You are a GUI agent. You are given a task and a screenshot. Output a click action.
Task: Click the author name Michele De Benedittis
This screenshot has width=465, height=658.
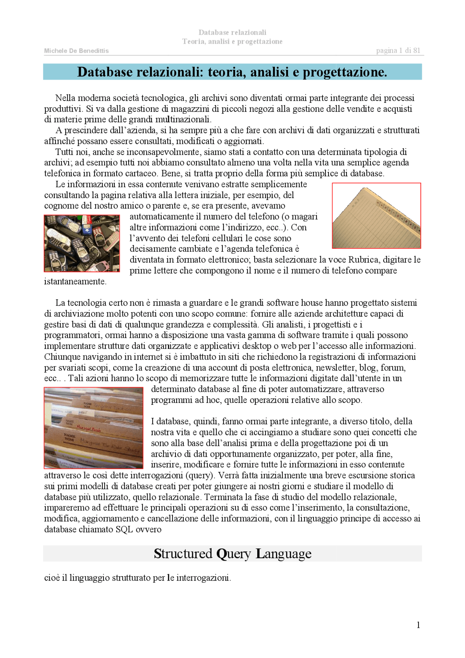coord(76,51)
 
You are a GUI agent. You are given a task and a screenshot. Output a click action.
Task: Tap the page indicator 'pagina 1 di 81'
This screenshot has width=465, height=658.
coord(398,51)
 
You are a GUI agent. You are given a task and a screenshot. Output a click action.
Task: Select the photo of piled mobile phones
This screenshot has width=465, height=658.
coord(82,243)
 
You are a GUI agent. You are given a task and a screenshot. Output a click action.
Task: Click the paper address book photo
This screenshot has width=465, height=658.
coord(376,216)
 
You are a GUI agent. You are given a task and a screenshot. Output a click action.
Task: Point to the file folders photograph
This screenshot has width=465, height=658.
coord(93,428)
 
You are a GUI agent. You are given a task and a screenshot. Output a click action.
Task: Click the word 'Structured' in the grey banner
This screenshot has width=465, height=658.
coord(183,554)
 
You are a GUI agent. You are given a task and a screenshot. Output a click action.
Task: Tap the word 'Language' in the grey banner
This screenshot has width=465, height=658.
coord(283,554)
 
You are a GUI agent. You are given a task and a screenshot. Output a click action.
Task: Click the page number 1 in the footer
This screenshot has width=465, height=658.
coord(418,625)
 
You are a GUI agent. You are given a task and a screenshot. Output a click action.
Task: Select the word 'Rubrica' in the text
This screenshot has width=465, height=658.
coord(363,260)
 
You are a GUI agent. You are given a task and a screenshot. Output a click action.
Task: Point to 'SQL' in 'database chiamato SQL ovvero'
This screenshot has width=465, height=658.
coord(124,529)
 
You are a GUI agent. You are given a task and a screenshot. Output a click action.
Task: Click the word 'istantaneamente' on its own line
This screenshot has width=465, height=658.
coord(75,282)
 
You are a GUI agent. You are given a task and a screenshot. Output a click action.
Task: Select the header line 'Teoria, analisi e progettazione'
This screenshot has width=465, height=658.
coord(232,41)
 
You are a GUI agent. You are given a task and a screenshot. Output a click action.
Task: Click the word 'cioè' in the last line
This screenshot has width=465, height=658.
coord(52,578)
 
